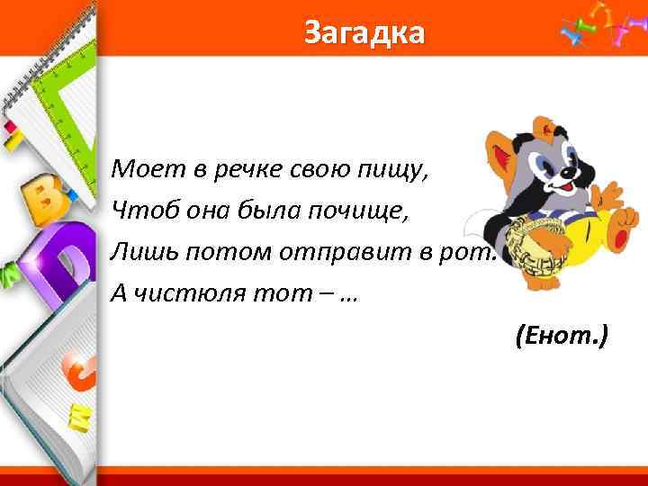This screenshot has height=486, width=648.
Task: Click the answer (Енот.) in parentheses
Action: (562, 337)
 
